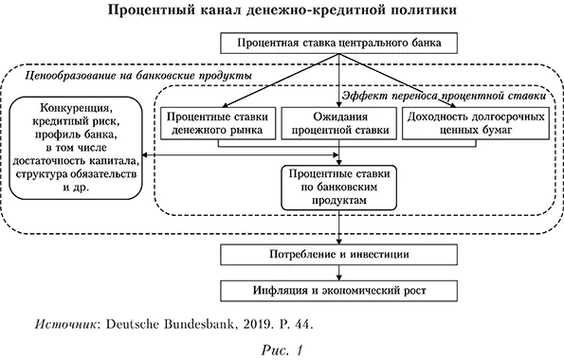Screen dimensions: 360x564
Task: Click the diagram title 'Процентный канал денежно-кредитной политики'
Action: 282,10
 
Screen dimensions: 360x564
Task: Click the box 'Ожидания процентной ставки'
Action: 338,124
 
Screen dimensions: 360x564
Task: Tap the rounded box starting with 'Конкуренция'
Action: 74,140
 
